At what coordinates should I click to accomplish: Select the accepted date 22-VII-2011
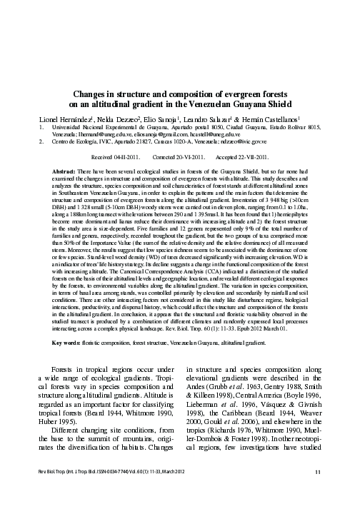[254, 156]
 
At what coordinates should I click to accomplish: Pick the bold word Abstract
[66, 173]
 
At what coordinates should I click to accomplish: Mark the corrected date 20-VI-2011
[190, 156]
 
